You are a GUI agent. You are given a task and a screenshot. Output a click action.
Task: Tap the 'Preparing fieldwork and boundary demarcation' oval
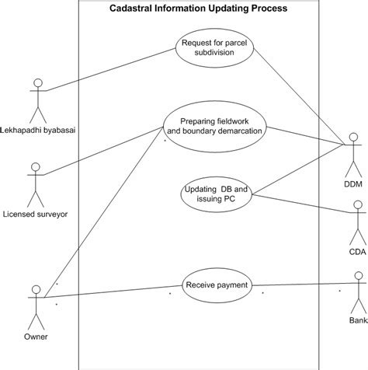(215, 126)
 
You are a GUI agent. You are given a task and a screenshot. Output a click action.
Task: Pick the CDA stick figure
(357, 219)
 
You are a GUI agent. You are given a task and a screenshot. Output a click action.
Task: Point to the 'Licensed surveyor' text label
(34, 214)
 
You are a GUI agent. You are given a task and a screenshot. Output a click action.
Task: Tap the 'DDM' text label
(353, 183)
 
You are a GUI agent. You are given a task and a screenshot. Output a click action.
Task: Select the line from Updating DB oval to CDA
(303, 204)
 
